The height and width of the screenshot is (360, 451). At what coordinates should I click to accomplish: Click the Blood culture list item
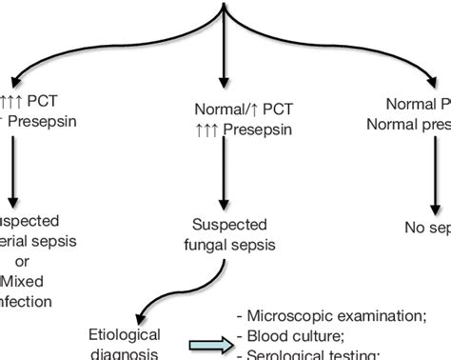pyautogui.click(x=295, y=335)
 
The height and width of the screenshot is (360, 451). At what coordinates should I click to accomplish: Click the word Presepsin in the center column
pyautogui.click(x=252, y=128)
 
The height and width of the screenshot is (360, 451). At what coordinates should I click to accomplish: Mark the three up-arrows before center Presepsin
pyautogui.click(x=206, y=128)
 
